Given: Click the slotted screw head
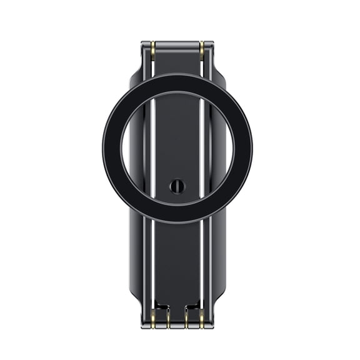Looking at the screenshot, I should tap(177, 186).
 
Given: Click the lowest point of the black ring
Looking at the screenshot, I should tap(177, 222).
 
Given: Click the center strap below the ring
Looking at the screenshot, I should tap(177, 262).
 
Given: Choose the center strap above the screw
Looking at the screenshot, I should tap(177, 137).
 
